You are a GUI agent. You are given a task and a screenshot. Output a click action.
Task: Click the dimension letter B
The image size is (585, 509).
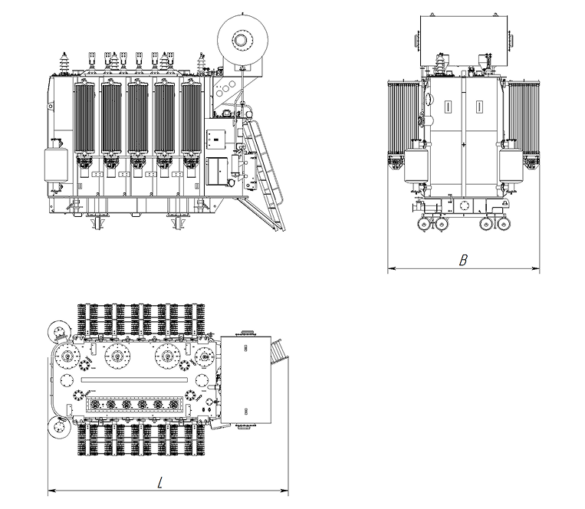click(x=463, y=260)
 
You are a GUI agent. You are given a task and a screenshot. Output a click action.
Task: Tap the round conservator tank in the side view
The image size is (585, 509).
click(x=242, y=39)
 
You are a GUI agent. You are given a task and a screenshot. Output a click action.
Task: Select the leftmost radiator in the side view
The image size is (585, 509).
click(x=84, y=119)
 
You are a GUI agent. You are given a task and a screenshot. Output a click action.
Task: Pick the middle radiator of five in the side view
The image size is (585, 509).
click(x=138, y=119)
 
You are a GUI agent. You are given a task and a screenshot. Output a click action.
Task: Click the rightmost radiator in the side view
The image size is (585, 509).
click(x=192, y=119)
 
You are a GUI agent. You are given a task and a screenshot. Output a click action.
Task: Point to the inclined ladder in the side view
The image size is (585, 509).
click(x=264, y=175)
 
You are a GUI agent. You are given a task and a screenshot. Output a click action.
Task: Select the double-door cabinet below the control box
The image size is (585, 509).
click(x=217, y=171)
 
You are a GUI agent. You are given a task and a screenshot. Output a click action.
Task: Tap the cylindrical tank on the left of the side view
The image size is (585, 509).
click(x=56, y=165)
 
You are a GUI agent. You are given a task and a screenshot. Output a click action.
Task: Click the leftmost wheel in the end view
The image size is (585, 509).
click(x=424, y=224)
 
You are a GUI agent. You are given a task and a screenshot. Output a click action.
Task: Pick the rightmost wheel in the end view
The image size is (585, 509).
click(x=504, y=224)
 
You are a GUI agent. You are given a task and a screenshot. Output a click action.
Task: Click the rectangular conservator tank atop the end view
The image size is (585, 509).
click(x=464, y=41)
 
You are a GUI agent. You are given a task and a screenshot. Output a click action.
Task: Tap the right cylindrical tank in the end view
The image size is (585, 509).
click(x=511, y=165)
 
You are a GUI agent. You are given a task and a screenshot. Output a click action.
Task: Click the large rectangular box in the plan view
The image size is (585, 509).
click(x=245, y=379)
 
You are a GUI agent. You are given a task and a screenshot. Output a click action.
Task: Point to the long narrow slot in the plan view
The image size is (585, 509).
click(x=134, y=380)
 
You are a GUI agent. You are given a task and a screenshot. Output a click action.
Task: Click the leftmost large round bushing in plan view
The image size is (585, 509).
click(x=67, y=357)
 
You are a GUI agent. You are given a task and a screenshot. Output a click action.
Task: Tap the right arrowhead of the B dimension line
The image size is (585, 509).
click(x=536, y=268)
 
